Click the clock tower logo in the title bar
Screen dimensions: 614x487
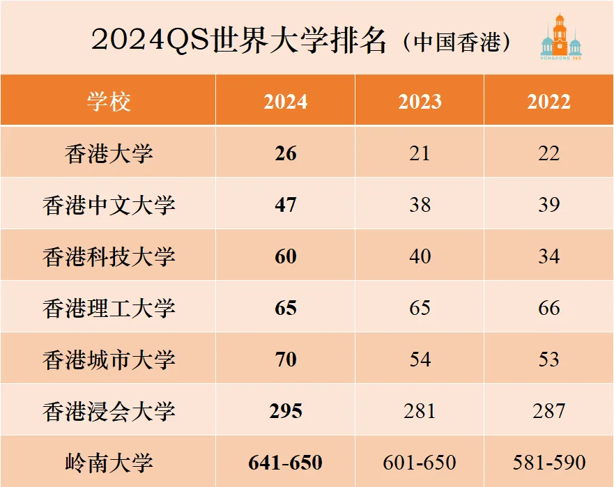pyautogui.click(x=561, y=36)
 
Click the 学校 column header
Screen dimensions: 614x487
pyautogui.click(x=109, y=102)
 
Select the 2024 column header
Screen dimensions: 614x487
pyautogui.click(x=286, y=102)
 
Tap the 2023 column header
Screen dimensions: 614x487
pyautogui.click(x=420, y=102)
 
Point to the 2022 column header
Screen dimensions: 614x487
pyautogui.click(x=548, y=102)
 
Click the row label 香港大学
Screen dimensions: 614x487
pyautogui.click(x=109, y=153)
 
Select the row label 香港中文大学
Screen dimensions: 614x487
pyautogui.click(x=109, y=205)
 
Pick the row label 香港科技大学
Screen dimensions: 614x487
pyautogui.click(x=109, y=256)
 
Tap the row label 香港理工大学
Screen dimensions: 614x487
pyautogui.click(x=109, y=308)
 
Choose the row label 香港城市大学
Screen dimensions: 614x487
pyautogui.click(x=109, y=360)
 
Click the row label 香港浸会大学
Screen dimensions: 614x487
pyautogui.click(x=109, y=411)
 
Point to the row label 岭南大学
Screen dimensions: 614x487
pyautogui.click(x=109, y=463)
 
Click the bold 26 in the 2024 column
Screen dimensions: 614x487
pyautogui.click(x=286, y=153)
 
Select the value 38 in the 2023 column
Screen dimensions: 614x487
pyautogui.click(x=420, y=205)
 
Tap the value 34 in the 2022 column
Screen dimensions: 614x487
pyautogui.click(x=548, y=256)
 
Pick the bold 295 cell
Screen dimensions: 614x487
pyautogui.click(x=286, y=411)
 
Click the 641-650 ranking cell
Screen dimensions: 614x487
pyautogui.click(x=286, y=463)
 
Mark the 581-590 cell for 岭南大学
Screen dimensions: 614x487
pyautogui.click(x=549, y=463)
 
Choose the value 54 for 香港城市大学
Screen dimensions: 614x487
pyautogui.click(x=420, y=360)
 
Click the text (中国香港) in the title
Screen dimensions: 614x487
pyautogui.click(x=456, y=42)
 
